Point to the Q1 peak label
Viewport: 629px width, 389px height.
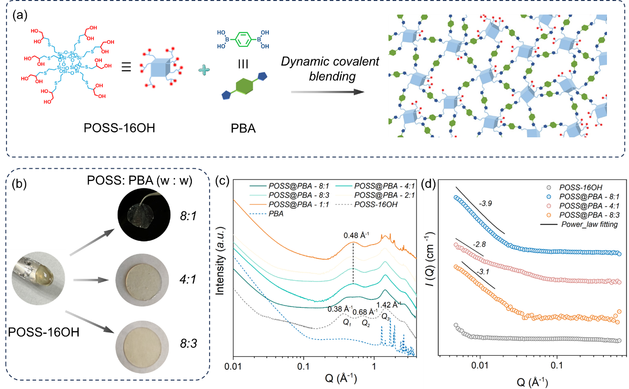(x=347, y=322)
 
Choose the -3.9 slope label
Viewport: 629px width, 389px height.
(x=487, y=204)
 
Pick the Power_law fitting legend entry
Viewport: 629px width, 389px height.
(x=589, y=224)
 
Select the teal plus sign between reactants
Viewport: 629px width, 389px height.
(x=204, y=70)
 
